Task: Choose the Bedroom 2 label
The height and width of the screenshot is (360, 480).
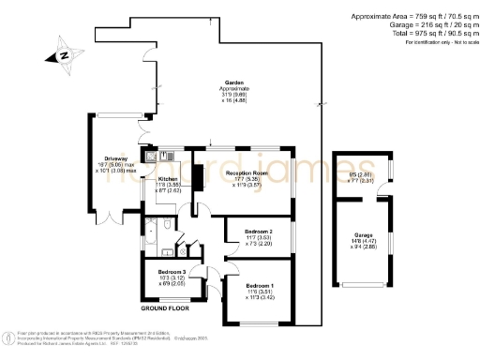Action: pyautogui.click(x=259, y=231)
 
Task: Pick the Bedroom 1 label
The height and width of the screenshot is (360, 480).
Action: pyautogui.click(x=260, y=285)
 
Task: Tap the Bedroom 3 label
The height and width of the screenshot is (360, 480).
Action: pyautogui.click(x=171, y=271)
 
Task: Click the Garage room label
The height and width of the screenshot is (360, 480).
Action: pyautogui.click(x=364, y=234)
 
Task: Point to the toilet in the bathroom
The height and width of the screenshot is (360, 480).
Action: pyautogui.click(x=168, y=250)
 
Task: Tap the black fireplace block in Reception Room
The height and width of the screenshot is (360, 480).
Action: pyautogui.click(x=199, y=175)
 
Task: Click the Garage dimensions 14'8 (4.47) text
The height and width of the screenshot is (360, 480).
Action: pyautogui.click(x=362, y=242)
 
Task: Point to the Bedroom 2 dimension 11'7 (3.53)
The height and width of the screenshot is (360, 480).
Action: pyautogui.click(x=259, y=237)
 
